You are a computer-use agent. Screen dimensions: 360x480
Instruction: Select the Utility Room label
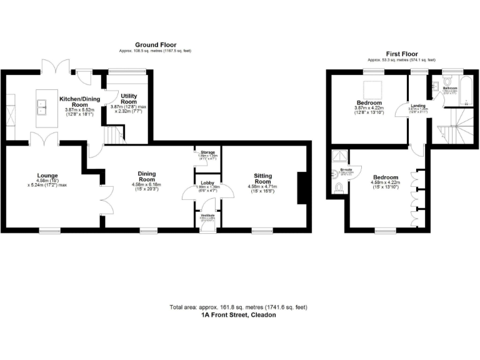click(129, 98)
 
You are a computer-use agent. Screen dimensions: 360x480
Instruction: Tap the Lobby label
click(208, 181)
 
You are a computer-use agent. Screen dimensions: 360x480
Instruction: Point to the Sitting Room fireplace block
click(301, 187)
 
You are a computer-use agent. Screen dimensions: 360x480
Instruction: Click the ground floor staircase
click(112, 134)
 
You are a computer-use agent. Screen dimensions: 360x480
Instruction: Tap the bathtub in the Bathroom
click(466, 94)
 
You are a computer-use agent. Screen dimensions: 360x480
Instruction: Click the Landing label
click(417, 106)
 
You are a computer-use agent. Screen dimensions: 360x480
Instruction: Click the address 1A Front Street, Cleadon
click(238, 316)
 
